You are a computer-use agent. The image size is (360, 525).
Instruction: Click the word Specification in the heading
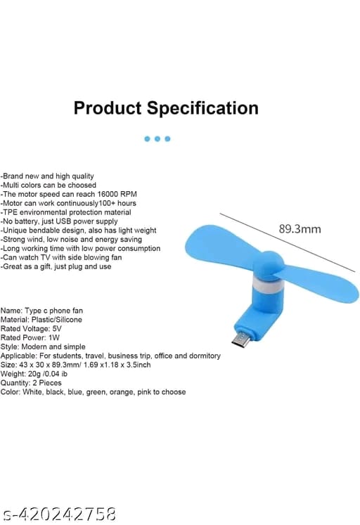pyautogui.click(x=203, y=108)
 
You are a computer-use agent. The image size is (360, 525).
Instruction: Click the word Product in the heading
pyautogui.click(x=108, y=108)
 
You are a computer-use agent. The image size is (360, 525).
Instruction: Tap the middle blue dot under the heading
pyautogui.click(x=157, y=138)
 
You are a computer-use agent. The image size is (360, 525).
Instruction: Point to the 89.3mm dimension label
pyautogui.click(x=300, y=228)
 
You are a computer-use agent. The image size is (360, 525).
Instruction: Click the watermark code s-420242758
pyautogui.click(x=59, y=514)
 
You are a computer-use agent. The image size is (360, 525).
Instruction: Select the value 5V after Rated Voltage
pyautogui.click(x=57, y=328)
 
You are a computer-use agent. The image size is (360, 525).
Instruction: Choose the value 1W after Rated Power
pyautogui.click(x=54, y=337)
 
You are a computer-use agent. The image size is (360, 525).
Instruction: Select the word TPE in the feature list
pyautogui.click(x=11, y=212)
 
